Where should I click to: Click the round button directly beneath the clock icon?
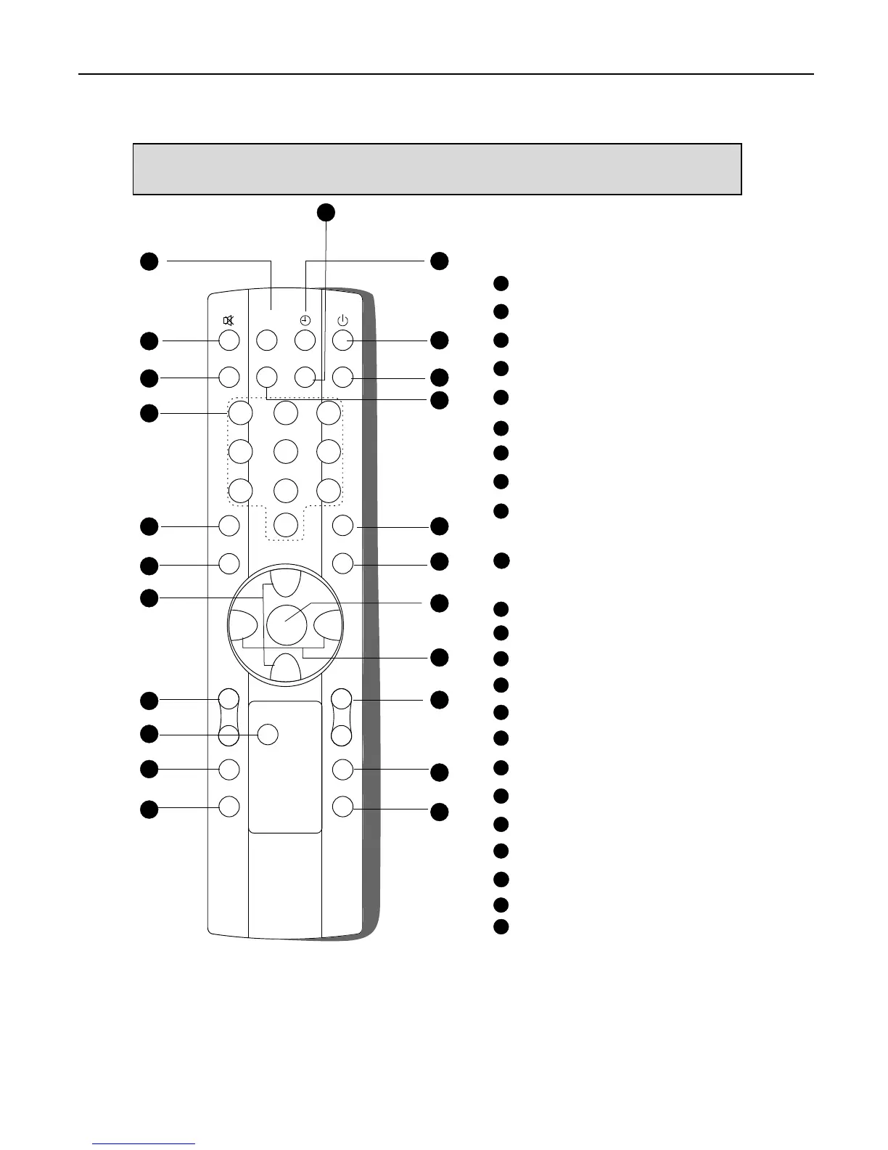[x=305, y=339]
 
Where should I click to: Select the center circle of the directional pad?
[x=285, y=622]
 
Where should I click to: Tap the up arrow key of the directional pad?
[x=284, y=582]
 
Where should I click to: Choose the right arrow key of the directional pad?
[x=327, y=623]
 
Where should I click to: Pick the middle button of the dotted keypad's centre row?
[x=286, y=451]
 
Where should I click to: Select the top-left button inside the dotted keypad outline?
[x=241, y=412]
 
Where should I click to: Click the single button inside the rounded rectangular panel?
[x=268, y=733]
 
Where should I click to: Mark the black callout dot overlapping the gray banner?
[x=326, y=211]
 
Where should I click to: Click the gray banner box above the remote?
[x=437, y=169]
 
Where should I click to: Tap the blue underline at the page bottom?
[x=144, y=1144]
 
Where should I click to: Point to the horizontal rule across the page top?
[x=445, y=74]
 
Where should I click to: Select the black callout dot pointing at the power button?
[x=439, y=340]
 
